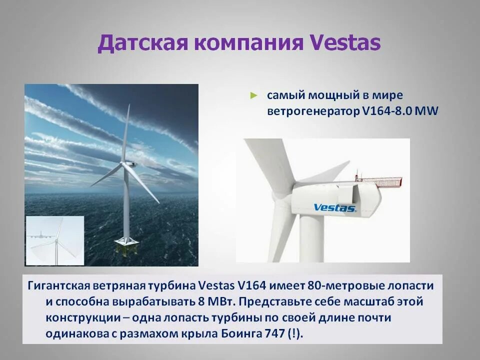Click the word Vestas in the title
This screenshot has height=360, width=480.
pyautogui.click(x=345, y=43)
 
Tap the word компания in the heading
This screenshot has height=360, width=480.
pyautogui.click(x=247, y=43)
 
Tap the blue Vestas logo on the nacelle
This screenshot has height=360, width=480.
pyautogui.click(x=334, y=207)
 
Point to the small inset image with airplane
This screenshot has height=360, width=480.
pyautogui.click(x=54, y=240)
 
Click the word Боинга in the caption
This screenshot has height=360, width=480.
pyautogui.click(x=234, y=334)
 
